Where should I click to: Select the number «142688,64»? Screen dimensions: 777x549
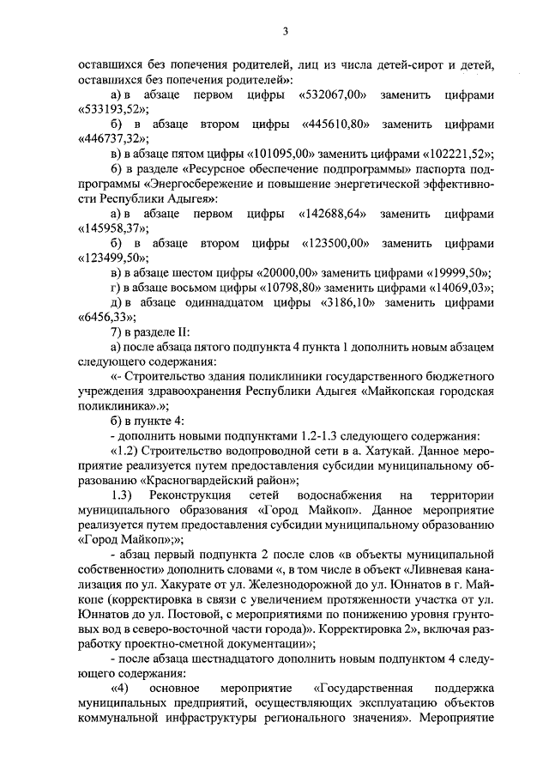(x=334, y=214)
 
